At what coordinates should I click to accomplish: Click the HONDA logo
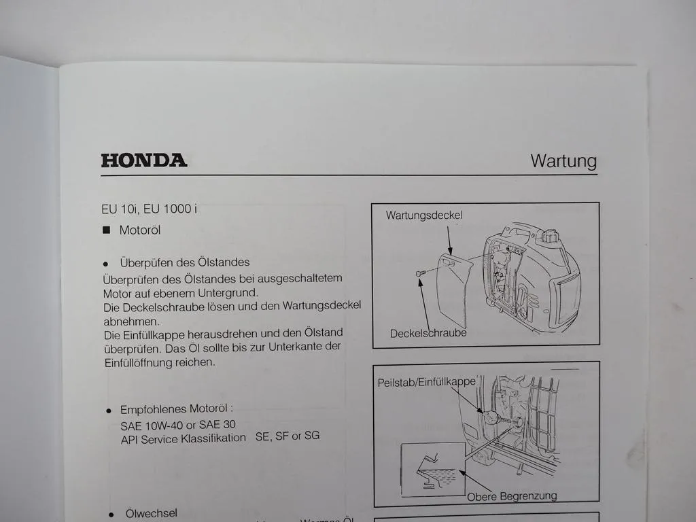[143, 160]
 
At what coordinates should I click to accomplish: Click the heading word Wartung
[563, 161]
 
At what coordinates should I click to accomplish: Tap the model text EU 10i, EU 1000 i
[150, 209]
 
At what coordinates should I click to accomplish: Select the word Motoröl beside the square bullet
[140, 230]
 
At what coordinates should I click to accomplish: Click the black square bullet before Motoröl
[106, 230]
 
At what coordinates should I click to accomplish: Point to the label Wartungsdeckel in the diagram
[424, 215]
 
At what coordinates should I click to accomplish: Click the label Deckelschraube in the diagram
[428, 333]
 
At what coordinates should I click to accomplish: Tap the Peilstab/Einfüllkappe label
[426, 382]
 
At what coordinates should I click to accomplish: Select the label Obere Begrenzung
[512, 495]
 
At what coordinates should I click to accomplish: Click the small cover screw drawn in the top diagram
[419, 273]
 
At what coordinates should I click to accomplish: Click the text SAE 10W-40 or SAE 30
[179, 425]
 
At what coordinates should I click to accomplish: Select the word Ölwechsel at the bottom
[151, 513]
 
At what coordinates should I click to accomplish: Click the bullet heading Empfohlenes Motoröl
[177, 410]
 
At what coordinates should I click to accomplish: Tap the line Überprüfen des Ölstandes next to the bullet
[185, 262]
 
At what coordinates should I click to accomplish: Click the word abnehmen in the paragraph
[131, 321]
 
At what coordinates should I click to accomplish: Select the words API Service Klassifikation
[184, 438]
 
